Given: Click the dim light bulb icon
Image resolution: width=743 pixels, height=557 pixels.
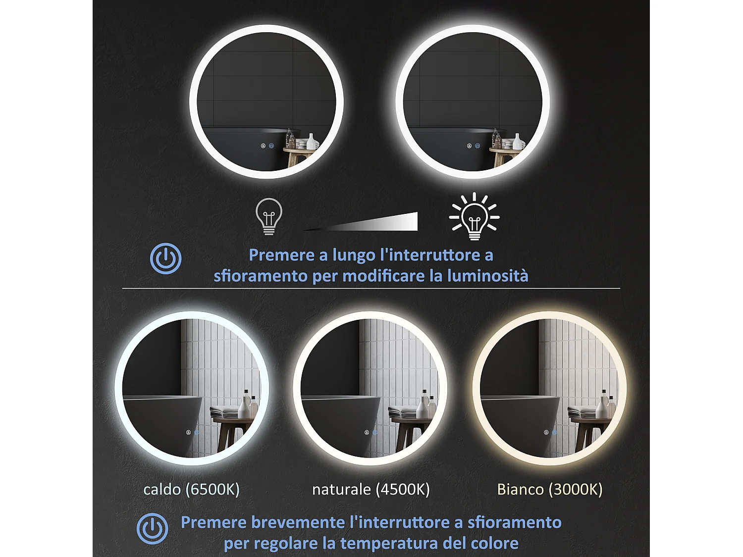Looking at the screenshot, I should pos(269,216).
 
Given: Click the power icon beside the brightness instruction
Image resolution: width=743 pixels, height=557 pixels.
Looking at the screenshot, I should pos(166,258).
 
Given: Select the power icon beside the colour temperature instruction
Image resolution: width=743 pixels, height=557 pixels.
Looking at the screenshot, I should pos(153,529).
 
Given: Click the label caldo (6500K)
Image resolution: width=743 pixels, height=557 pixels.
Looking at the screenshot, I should pos(191,489).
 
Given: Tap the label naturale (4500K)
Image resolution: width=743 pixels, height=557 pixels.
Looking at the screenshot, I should pos(371,489).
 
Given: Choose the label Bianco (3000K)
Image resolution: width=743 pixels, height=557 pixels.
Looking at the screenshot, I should pos(550,489).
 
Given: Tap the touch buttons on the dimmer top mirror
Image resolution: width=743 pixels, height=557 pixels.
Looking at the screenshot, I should pos(267,146).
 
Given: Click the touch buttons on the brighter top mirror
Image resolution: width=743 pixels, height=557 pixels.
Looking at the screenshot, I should pos(474,146).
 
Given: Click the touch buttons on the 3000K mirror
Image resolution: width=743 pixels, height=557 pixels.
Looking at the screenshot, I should pos(550,432).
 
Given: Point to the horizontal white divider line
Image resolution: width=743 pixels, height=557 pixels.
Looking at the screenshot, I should pos(371,288).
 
